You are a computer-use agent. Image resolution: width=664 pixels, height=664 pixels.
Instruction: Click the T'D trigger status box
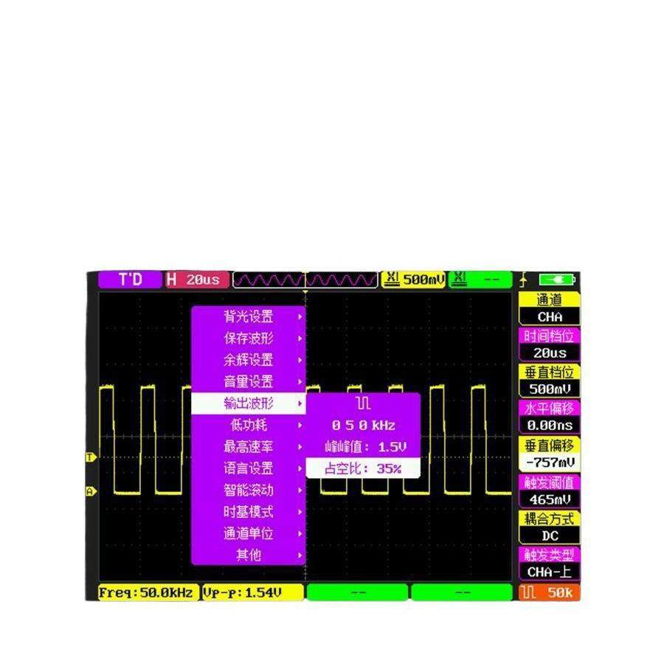click(130, 280)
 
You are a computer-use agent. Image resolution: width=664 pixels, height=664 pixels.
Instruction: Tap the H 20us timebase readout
click(193, 280)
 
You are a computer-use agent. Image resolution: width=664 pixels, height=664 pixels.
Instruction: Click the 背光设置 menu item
click(249, 317)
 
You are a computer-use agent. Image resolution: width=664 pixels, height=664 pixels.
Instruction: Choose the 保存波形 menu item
click(249, 339)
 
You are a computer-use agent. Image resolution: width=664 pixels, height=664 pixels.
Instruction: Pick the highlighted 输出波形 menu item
click(249, 404)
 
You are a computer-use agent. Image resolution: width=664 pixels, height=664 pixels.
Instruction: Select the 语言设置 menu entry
click(249, 468)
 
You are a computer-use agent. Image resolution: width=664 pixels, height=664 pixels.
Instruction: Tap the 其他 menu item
click(249, 555)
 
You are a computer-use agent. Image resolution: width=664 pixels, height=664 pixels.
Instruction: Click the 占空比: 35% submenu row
click(364, 468)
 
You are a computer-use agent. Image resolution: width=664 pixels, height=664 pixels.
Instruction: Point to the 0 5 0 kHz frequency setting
click(364, 425)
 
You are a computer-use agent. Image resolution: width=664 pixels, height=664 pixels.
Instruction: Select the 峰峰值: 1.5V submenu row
click(364, 447)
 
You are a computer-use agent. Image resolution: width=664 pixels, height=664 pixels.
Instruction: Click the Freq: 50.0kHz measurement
click(148, 592)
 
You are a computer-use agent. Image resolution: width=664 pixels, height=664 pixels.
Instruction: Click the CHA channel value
click(550, 317)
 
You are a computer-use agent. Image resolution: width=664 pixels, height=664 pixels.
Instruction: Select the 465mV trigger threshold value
click(550, 499)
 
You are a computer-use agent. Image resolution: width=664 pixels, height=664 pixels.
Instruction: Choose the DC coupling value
click(550, 536)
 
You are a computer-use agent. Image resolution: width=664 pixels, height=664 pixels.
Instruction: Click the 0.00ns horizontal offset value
click(550, 426)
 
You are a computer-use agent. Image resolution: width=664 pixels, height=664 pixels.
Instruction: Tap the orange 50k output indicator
click(550, 592)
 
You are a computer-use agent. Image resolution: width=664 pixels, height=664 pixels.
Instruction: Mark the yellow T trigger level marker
click(91, 457)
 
